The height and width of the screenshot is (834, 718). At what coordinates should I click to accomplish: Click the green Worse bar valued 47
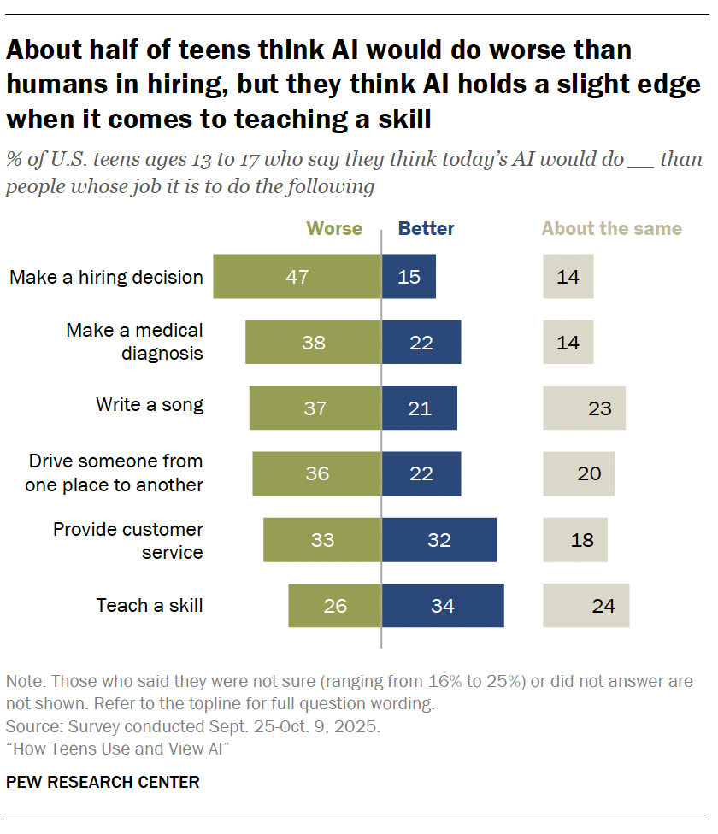297,277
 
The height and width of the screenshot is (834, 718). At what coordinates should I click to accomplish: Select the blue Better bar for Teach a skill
442,606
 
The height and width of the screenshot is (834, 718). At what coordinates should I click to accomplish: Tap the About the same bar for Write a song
584,408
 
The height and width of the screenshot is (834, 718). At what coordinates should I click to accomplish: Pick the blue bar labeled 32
438,540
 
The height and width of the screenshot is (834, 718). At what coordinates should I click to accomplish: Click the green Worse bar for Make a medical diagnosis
313,343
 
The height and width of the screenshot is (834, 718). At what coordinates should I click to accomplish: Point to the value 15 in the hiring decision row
409,277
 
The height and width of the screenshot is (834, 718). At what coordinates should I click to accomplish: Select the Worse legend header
334,229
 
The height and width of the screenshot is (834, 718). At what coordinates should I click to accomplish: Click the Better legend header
427,229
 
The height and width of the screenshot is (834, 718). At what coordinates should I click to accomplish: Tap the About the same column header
612,229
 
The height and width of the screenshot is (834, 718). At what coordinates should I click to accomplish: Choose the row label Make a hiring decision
106,277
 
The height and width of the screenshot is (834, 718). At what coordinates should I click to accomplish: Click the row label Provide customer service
128,540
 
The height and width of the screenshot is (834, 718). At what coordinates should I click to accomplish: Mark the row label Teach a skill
150,606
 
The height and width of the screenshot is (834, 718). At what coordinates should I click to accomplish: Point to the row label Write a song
150,404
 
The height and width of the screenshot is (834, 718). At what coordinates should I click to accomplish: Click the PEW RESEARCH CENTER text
103,782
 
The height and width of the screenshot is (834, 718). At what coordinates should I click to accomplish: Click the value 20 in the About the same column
589,474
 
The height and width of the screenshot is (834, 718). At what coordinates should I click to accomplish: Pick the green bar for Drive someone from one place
316,474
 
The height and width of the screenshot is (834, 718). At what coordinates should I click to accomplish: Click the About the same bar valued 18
575,540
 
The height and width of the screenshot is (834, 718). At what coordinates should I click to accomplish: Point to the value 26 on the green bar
335,606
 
